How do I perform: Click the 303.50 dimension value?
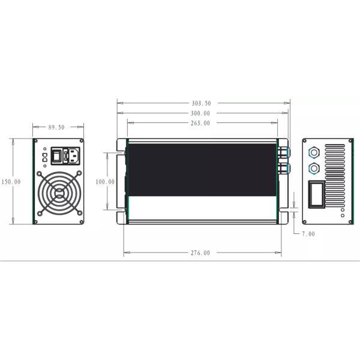click(200, 103)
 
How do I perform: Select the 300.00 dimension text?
click(200, 113)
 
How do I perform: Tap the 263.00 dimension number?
click(200, 124)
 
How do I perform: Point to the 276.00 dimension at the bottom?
click(200, 253)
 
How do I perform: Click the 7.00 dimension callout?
click(307, 234)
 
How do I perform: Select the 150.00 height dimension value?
click(10, 181)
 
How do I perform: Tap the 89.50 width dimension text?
click(56, 128)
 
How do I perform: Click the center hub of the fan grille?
click(59, 193)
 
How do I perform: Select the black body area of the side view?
click(201, 171)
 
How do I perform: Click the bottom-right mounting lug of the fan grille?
click(79, 212)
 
